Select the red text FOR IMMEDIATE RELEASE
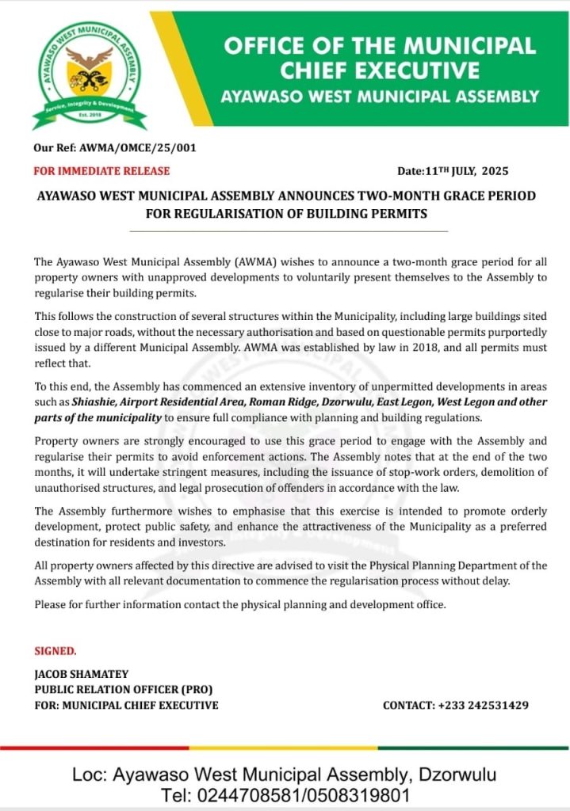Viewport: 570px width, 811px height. (101, 170)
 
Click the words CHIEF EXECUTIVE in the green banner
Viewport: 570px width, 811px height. (380, 72)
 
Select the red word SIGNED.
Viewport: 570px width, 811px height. (55, 651)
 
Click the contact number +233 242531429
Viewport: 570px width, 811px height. (483, 705)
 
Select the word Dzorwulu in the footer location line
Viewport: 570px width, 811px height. (457, 774)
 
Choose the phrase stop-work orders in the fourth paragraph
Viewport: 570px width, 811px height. (428, 472)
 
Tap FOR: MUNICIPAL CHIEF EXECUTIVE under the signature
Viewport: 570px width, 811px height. (126, 705)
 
